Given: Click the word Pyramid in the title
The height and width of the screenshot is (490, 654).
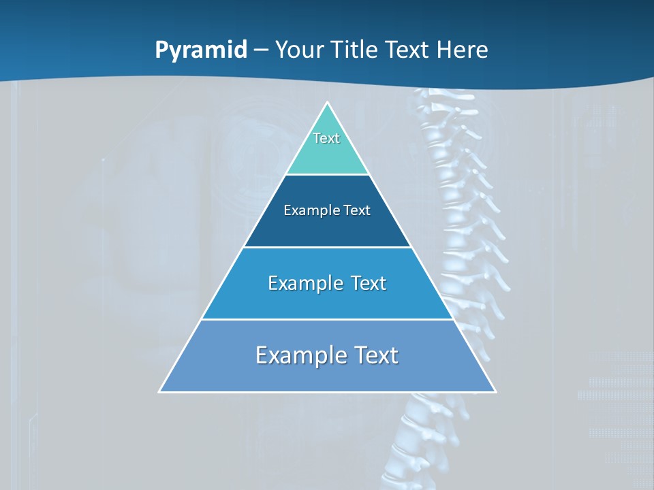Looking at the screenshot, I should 201,50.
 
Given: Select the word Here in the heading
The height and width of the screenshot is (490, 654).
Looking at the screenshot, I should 462,50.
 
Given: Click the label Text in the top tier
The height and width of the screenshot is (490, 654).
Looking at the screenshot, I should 326,138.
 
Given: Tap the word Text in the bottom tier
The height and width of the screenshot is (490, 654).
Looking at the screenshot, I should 374,355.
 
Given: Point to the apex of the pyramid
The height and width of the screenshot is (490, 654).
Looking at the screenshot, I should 327,103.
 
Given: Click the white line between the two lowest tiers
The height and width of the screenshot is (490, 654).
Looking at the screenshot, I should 327,319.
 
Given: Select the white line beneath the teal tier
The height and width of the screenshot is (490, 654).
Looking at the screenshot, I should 327,175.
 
